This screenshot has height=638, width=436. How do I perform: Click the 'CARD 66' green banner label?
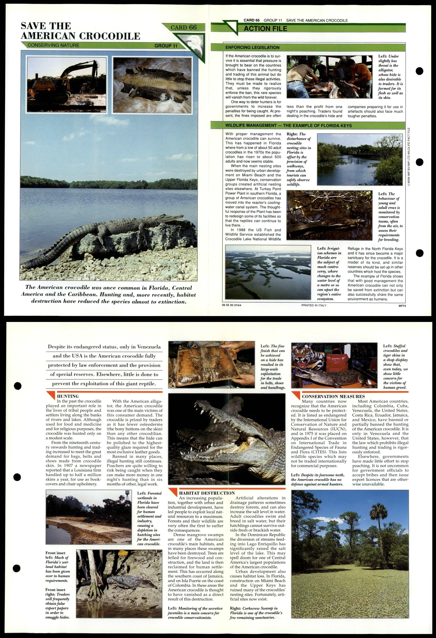pyautogui.click(x=184, y=27)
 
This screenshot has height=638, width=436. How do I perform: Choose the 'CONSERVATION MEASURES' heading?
pyautogui.click(x=333, y=396)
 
